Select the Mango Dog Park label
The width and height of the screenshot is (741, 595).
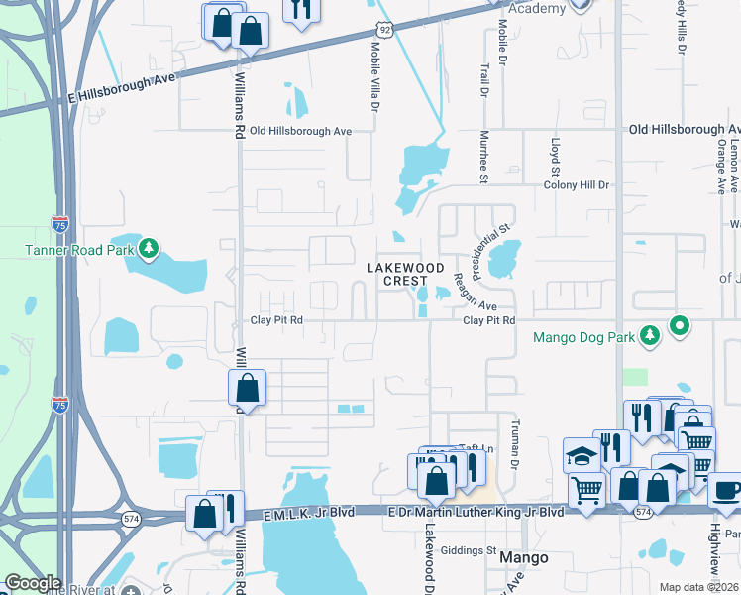[x=582, y=337]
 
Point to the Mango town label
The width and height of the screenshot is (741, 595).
[x=524, y=557]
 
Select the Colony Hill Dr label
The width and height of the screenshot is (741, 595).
[x=578, y=185]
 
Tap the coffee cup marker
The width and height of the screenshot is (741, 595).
[x=726, y=490]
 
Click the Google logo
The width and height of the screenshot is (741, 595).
[x=33, y=583]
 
